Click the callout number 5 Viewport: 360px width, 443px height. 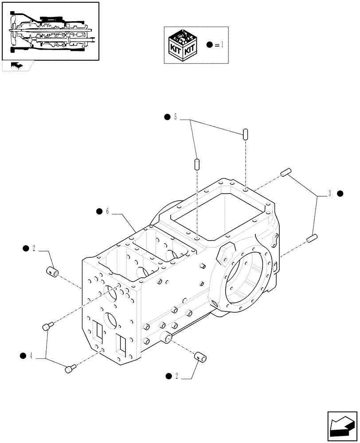(x=175, y=117)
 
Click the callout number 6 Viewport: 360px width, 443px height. (x=107, y=211)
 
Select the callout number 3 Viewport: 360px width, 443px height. (x=329, y=194)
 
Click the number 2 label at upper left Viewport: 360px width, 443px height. (x=34, y=248)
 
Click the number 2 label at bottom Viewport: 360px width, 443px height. (x=177, y=376)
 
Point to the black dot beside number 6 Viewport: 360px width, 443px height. (x=99, y=211)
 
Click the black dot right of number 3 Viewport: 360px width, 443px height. (x=340, y=194)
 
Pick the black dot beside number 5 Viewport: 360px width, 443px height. (x=167, y=117)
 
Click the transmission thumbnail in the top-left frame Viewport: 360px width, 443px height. (x=50, y=31)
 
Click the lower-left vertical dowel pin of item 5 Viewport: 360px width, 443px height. (x=196, y=163)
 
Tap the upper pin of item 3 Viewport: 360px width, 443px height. (x=285, y=172)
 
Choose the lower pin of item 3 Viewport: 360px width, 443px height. (x=311, y=238)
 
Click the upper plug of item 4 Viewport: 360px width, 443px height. (x=47, y=326)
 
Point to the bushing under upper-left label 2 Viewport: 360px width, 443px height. (x=53, y=270)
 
